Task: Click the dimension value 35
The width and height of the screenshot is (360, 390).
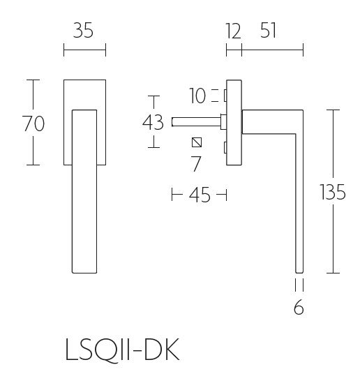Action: (84, 31)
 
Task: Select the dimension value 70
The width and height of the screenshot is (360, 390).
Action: (33, 123)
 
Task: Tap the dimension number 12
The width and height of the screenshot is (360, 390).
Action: (232, 31)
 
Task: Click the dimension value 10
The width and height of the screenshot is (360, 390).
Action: (197, 96)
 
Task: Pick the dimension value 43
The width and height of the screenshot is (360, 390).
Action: (153, 122)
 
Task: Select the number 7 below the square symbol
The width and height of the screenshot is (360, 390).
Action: (196, 165)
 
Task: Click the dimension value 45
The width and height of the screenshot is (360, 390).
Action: (200, 195)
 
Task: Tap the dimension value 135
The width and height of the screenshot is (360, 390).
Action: (331, 192)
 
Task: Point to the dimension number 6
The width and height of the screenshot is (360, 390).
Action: (299, 308)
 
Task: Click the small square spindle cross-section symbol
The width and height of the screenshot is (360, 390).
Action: (196, 143)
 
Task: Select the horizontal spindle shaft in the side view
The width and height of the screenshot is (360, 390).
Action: (195, 122)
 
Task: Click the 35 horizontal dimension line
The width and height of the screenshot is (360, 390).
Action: (84, 50)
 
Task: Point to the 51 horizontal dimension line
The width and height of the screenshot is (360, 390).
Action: (272, 50)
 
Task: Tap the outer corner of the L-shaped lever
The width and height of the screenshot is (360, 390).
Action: (302, 110)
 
